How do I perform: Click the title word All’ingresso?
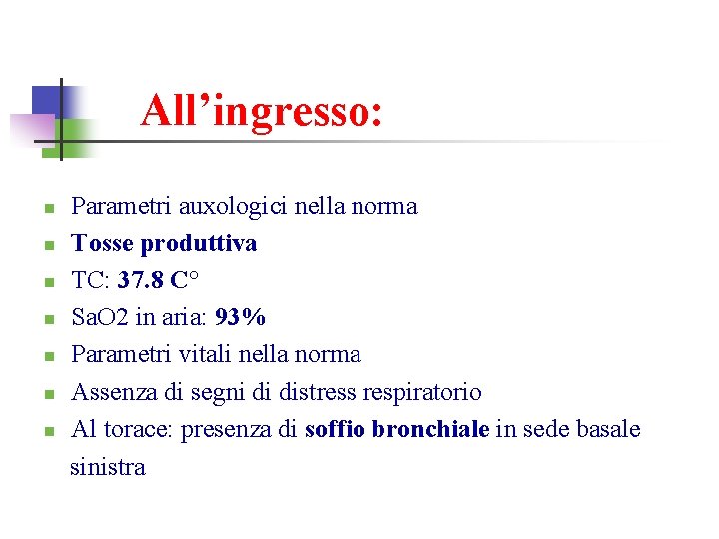pos(262,111)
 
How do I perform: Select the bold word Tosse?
pos(104,244)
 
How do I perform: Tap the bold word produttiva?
pos(199,244)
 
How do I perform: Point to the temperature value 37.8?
pos(140,280)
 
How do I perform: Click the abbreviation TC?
pos(91,280)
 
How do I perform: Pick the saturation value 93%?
pos(241,317)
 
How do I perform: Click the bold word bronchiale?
pos(430,429)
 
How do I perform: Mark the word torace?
pos(137,429)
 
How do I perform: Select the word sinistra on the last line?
pos(108,466)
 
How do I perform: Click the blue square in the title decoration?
pos(46,101)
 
